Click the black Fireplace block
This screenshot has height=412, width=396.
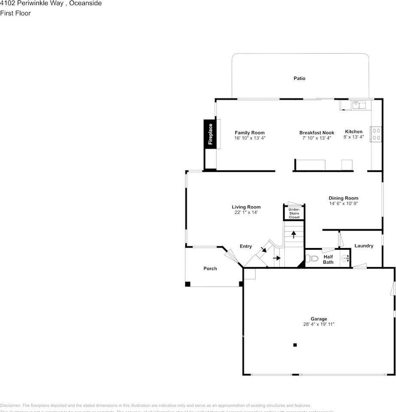point(210,134)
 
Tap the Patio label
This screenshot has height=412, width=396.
point(299,79)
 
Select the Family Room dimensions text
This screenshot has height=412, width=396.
point(250,138)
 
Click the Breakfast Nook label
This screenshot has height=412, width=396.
point(317,133)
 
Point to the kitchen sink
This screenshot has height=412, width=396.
point(358,105)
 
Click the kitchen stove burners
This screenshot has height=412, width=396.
point(376,134)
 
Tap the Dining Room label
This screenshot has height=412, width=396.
point(343,198)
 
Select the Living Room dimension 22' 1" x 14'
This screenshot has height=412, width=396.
point(246,212)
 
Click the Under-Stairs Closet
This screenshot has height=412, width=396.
point(294,213)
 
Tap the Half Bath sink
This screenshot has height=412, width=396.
point(345,258)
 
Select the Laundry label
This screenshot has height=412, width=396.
point(363,246)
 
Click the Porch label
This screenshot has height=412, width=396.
point(210,269)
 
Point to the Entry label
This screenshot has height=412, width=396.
point(246,246)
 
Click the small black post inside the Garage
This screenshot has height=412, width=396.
point(295,345)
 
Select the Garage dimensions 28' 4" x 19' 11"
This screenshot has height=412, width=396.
point(319,324)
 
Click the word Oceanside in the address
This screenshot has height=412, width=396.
point(85,3)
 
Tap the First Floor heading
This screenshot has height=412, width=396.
point(15,13)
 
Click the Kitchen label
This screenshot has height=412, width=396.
point(354,132)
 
